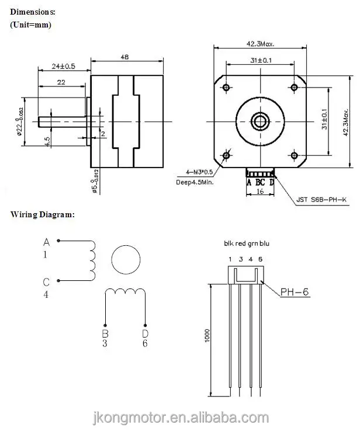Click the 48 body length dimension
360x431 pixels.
pos(124,57)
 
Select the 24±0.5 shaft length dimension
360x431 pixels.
pos(63,66)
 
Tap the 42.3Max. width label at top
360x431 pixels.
pos(260,44)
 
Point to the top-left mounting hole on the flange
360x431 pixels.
pos(226,88)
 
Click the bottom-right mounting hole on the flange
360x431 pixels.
pos(295,155)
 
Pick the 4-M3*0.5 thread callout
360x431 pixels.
pos(199,172)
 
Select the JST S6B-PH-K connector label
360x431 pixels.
pos(321,200)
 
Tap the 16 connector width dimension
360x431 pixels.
pos(260,192)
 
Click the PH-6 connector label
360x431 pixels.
pos(295,291)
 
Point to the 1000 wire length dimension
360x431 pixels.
pos(207,336)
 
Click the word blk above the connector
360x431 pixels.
pos(229,244)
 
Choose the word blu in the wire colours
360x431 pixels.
pos(264,244)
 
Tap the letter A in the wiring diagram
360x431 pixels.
pos(47,242)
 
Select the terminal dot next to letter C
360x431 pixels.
pos(58,281)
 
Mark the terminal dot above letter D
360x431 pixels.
pos(145,325)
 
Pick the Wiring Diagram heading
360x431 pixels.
pos(43,214)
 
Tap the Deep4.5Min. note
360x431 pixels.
pos(195,182)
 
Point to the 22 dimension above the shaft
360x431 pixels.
pos(61,82)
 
